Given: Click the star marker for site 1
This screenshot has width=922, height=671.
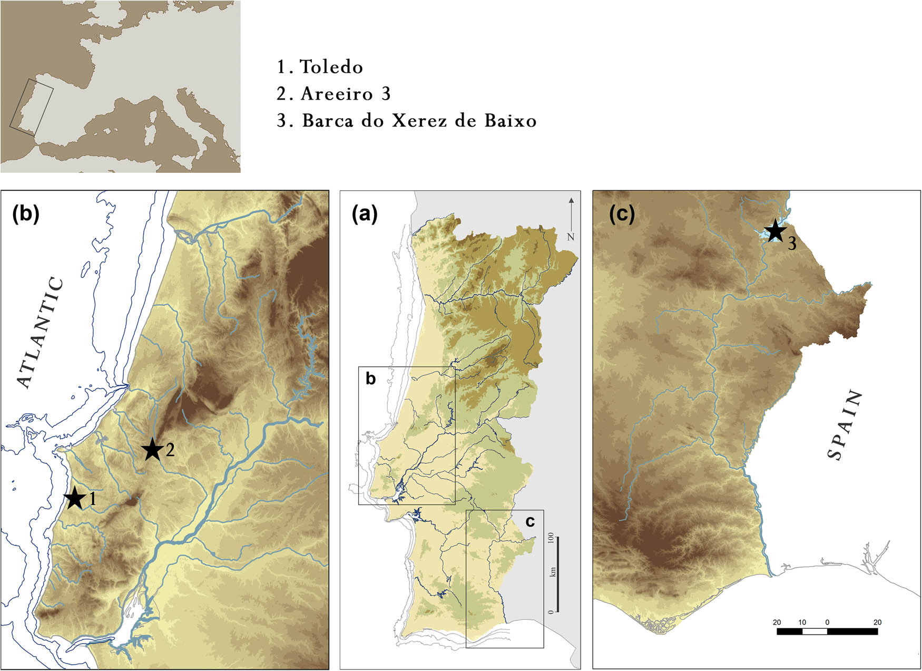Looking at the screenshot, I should click(x=74, y=498).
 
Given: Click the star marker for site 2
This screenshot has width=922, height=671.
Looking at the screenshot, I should click(x=152, y=450).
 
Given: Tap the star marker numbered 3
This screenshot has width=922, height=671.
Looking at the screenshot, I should click(x=774, y=231).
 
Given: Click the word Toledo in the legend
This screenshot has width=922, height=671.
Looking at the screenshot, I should click(x=331, y=67).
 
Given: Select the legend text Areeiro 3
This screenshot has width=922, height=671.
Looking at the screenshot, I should click(x=345, y=94).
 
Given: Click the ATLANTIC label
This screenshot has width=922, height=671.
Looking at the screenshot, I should click(x=41, y=333).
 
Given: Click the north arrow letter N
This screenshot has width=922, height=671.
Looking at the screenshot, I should click(x=571, y=237).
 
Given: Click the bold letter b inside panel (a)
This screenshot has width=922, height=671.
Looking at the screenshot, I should click(x=370, y=378).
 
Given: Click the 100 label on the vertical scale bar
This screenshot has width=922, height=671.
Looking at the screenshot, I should click(x=551, y=538).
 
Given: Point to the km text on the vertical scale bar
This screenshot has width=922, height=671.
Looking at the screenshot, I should click(x=552, y=571).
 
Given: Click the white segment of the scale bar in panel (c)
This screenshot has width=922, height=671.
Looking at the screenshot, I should click(x=815, y=631).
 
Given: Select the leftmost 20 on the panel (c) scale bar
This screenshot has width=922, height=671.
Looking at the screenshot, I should click(x=777, y=622).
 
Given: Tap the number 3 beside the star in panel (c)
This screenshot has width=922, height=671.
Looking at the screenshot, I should click(x=792, y=244).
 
